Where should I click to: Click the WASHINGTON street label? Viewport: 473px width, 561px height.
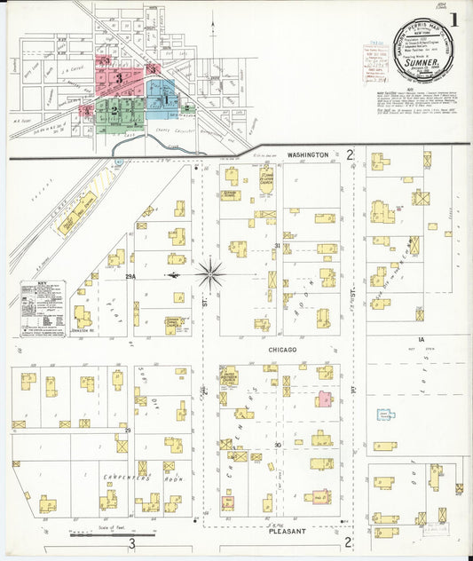click(307, 155)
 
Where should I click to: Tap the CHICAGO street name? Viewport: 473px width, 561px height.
click(285, 351)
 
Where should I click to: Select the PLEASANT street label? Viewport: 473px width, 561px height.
click(287, 531)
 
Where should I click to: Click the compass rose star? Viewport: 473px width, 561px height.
click(209, 273)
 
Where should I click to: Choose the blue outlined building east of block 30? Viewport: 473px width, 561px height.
click(386, 415)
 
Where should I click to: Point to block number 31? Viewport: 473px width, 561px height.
click(278, 246)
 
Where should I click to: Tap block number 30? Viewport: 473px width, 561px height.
click(278, 444)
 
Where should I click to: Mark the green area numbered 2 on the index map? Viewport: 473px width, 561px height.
click(115, 110)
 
